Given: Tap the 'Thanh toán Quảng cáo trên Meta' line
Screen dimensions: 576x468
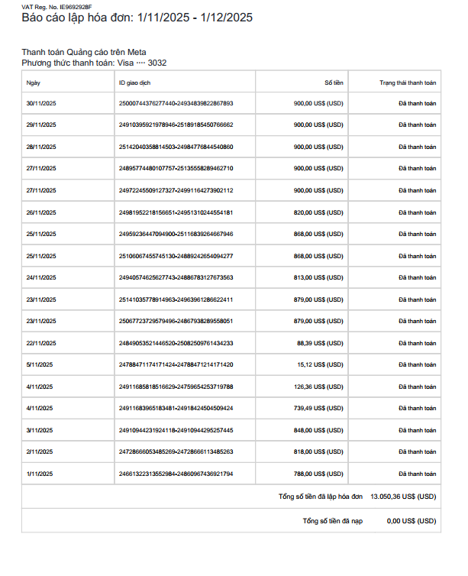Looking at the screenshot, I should coord(84,52).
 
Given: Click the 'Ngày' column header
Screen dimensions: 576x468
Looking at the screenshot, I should coord(34,82).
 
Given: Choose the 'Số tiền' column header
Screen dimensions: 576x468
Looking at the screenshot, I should coord(334,82).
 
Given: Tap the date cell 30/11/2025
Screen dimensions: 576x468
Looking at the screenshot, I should coord(41,103).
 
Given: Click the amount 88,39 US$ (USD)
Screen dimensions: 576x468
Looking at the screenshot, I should coord(321,344).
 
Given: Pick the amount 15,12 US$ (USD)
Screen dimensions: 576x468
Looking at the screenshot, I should coord(321,365).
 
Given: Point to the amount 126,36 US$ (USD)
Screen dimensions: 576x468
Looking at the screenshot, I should coord(319,387).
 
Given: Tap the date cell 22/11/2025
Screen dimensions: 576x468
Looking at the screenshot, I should coord(41,344).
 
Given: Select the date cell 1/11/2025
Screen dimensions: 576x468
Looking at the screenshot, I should coord(40,474).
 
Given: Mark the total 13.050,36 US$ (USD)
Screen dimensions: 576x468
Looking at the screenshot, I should coord(403,497).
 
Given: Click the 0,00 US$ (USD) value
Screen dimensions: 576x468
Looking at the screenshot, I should coord(412,521).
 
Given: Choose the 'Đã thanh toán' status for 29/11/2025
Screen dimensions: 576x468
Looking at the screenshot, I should coord(417,125).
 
